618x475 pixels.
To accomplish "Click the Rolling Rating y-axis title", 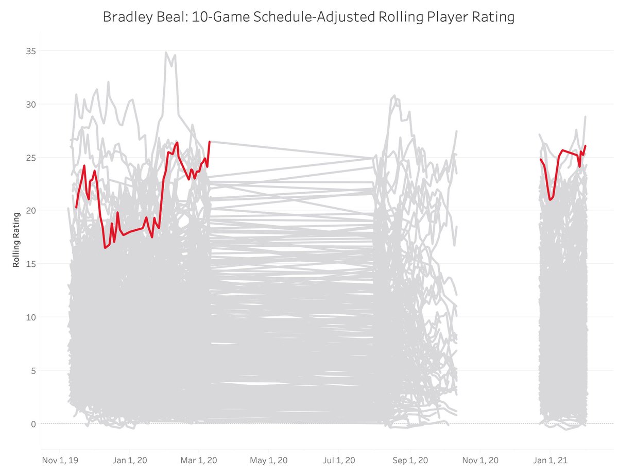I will click(16, 240).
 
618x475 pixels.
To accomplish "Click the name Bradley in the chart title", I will click(125, 17).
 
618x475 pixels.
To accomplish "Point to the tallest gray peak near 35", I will click(166, 53).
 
